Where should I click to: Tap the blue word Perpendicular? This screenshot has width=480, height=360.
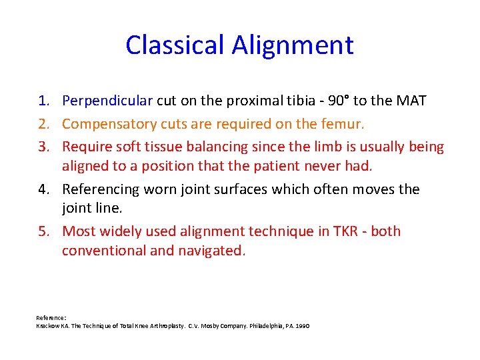click(x=107, y=101)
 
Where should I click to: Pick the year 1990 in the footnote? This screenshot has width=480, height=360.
click(x=301, y=325)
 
